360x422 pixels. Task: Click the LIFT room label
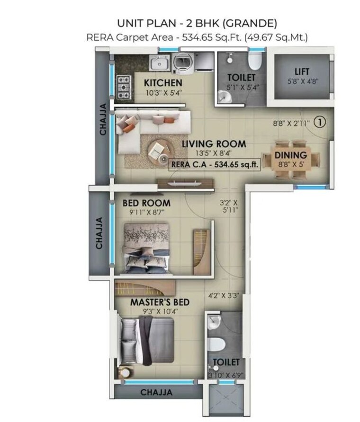pos(302,72)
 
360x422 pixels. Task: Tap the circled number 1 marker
pos(321,122)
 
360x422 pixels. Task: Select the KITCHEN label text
pos(163,83)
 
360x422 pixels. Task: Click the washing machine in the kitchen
pos(182,62)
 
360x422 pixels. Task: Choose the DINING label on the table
pos(291,155)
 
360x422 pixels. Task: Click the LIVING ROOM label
pos(215,144)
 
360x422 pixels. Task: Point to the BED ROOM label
pos(146,203)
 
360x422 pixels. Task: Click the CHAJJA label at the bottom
pos(156,392)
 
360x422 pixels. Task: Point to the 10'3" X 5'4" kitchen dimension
pos(163,93)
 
